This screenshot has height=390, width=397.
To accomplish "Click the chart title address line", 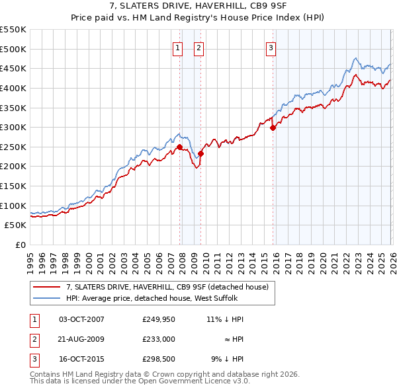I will click(198, 7).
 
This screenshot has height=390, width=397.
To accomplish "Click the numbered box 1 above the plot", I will click(179, 47).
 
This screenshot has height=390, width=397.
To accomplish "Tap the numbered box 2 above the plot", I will click(198, 47).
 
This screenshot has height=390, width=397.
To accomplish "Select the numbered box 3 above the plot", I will click(271, 47).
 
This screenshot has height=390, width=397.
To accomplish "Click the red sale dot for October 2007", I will click(179, 147).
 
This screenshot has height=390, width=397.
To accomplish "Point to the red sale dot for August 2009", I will click(201, 153).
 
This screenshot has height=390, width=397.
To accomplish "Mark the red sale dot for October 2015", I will click(273, 128).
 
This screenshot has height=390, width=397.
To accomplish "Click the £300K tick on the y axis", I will click(13, 127).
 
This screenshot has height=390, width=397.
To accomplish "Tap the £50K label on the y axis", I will click(16, 225).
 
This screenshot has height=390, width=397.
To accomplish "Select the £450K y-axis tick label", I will click(13, 68).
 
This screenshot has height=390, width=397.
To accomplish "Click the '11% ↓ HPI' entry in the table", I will click(224, 319).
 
